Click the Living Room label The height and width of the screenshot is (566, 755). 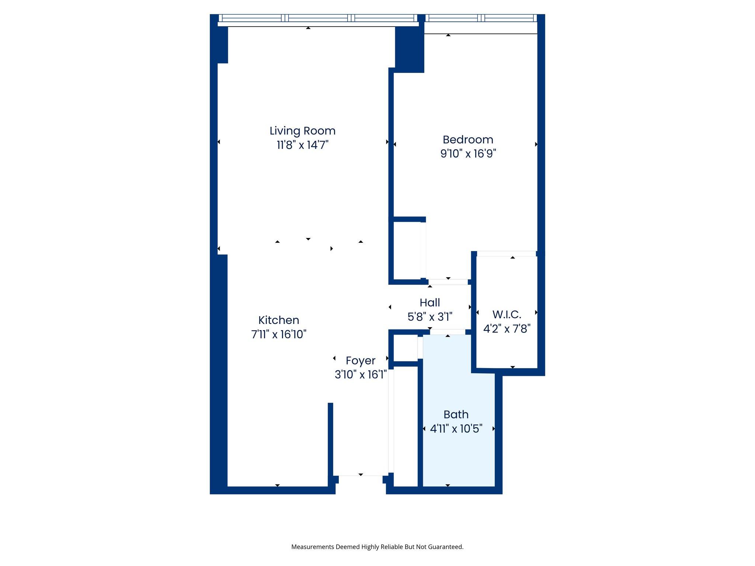(x=302, y=131)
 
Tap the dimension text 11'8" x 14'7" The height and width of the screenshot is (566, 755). (x=302, y=145)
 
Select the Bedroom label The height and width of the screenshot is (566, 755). (x=468, y=140)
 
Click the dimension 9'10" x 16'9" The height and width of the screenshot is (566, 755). (x=468, y=153)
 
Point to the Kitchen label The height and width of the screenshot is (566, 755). (x=278, y=320)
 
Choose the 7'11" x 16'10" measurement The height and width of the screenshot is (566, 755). (x=278, y=334)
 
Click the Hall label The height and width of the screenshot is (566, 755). (x=429, y=303)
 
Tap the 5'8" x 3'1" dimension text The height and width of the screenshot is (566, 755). (x=429, y=317)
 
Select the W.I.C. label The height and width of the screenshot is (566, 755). (x=507, y=315)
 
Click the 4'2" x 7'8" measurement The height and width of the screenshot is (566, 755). (x=507, y=328)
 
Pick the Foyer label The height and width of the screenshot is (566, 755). (x=360, y=360)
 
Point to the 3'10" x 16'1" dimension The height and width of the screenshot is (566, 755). (x=360, y=374)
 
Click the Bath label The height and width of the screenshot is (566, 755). (x=456, y=415)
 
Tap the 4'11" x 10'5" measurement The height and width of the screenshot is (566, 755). (x=456, y=429)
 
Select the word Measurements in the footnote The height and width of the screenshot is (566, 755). (x=313, y=547)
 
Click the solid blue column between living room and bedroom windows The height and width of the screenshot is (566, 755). (x=410, y=50)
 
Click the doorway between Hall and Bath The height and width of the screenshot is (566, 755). (x=448, y=332)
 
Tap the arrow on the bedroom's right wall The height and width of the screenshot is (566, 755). (x=536, y=144)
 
